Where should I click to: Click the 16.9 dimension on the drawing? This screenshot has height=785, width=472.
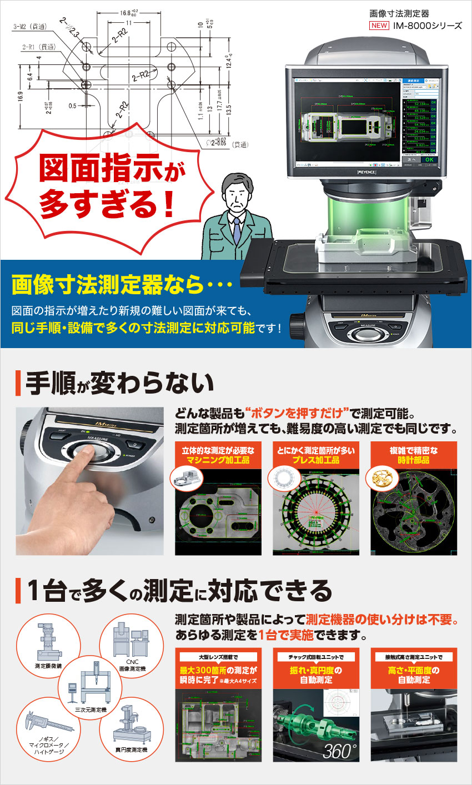21,97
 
